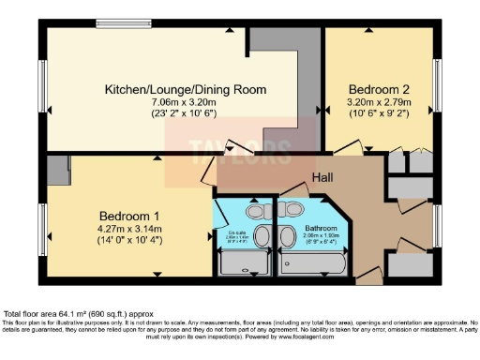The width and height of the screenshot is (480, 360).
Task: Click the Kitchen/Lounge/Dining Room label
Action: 185,90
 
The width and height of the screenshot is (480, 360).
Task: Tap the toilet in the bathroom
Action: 293,208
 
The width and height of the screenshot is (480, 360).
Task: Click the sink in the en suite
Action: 263,235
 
